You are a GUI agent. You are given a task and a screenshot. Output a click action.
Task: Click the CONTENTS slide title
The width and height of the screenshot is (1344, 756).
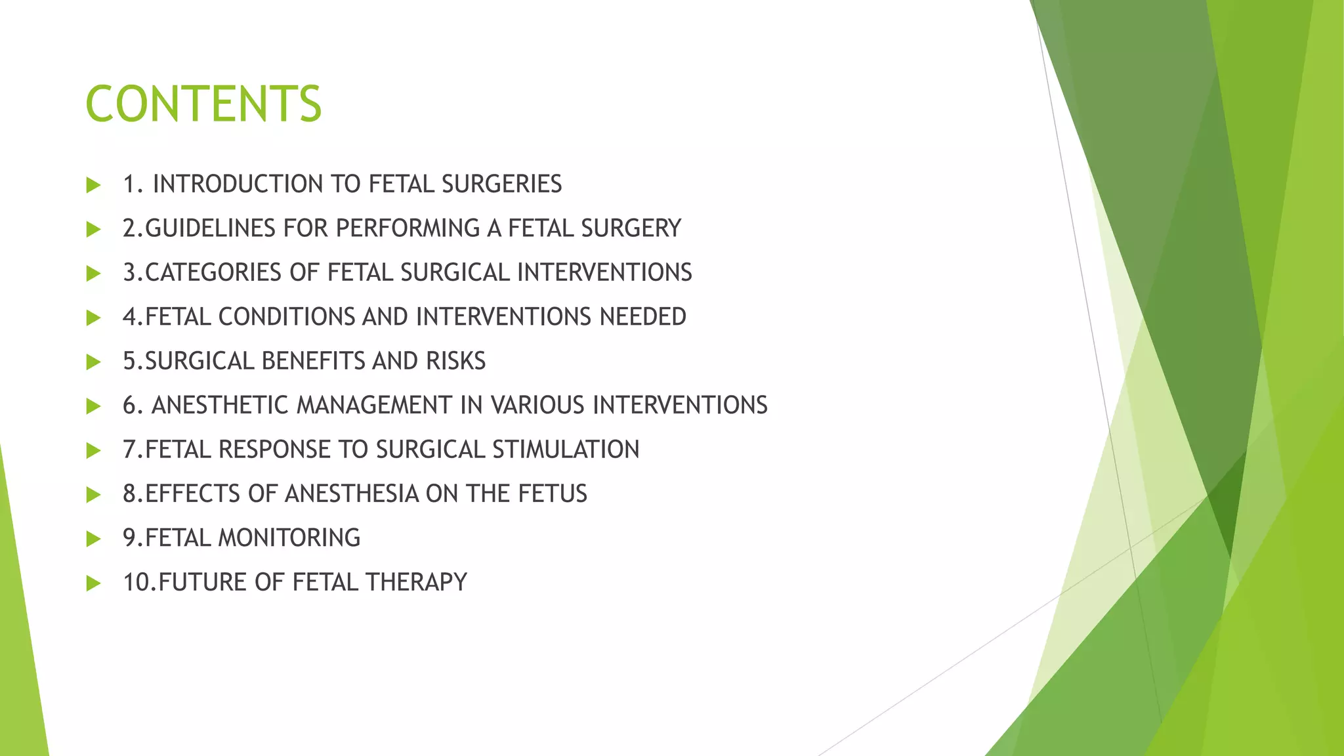coord(203,104)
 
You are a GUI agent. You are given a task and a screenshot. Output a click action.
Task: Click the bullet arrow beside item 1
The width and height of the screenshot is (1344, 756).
coord(93,185)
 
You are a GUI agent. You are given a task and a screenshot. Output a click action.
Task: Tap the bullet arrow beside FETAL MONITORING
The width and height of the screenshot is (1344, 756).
coord(93,539)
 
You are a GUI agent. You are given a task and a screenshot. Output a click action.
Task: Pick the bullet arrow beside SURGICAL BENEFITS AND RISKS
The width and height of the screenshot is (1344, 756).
coord(93,362)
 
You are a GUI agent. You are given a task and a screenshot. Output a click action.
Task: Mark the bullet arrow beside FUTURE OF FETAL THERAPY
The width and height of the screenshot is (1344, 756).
coord(93,583)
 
